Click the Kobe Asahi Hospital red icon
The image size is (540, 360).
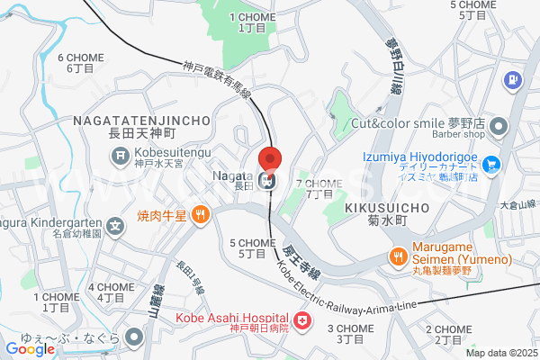click(301, 319)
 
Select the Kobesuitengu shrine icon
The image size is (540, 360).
click(121, 158)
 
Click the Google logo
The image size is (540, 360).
click(31, 348)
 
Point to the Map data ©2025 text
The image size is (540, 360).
click(499, 353)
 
